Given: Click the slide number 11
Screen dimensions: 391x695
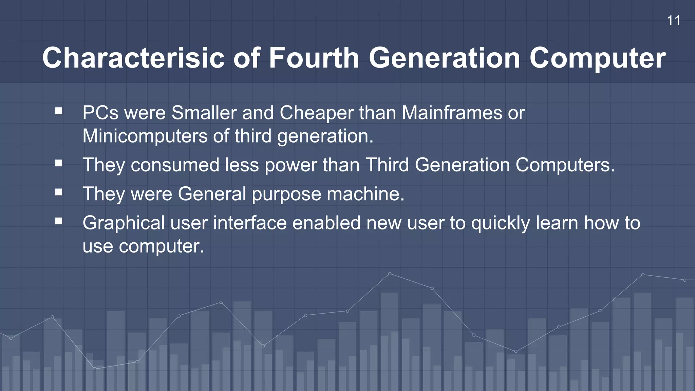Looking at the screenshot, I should tap(673, 21).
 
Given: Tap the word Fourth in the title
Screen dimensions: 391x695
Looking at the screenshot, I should tap(314, 58).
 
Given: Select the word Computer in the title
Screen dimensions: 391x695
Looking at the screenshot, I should tap(598, 58).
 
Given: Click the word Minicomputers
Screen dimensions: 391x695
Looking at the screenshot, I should tap(145, 136).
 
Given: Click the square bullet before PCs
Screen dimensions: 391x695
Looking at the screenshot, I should tap(59, 111).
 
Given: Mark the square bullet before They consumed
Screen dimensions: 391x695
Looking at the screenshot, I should tap(59, 164).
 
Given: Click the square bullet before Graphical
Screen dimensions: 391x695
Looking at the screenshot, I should tap(59, 221).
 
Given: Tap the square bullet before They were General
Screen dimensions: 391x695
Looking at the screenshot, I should tap(59, 192).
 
